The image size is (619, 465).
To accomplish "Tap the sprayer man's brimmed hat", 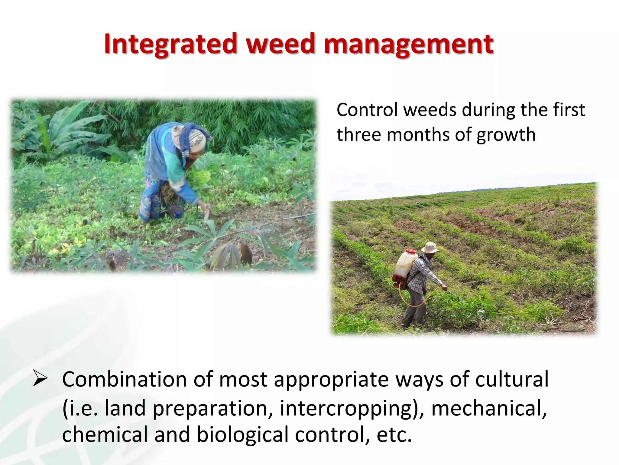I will (x=429, y=248).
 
